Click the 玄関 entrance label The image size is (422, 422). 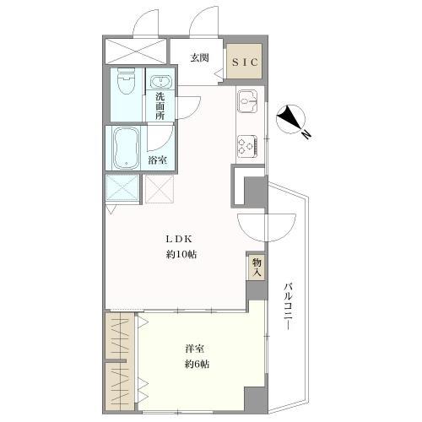tap(200, 58)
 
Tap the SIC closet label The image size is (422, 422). tap(245, 62)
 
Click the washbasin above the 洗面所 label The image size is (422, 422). tap(160, 82)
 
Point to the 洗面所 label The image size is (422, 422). tap(160, 106)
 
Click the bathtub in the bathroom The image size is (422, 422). tap(127, 148)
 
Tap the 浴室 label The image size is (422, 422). tap(158, 160)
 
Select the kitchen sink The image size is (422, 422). tap(247, 100)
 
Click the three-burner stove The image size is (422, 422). tap(247, 146)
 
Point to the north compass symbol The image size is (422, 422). tap(290, 119)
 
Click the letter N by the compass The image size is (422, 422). tap(306, 135)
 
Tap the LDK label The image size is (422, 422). tap(179, 240)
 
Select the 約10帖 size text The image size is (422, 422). tap(181, 255)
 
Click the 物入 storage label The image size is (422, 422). tap(257, 268)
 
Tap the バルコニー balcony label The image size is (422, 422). tap(287, 307)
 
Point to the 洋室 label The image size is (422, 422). tap(194, 349)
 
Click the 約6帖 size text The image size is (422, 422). tap(197, 365)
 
